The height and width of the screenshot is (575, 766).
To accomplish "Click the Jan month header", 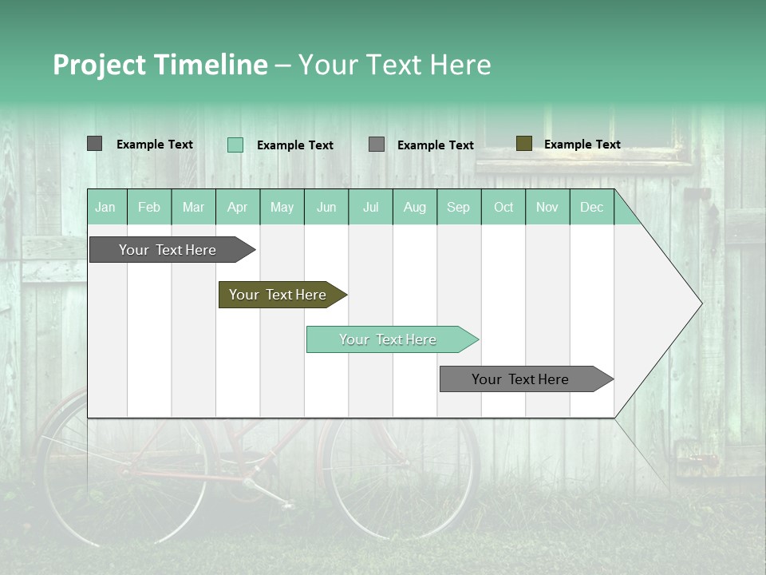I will pos(105,207).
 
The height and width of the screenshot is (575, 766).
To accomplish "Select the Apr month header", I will pos(238,207).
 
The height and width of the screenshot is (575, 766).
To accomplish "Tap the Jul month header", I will pos(370,207).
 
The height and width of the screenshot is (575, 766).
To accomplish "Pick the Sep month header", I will pos(458,207).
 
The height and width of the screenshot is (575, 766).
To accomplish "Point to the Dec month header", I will pos(591,207).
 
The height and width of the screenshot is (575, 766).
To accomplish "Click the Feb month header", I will pos(149,207).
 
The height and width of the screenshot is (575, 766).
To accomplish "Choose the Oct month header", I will pos(503,207).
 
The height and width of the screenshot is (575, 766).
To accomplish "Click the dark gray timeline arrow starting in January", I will pos(168,250).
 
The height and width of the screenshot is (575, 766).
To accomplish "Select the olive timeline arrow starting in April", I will pos(278,295).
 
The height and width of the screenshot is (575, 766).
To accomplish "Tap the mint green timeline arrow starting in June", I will pos(389,339).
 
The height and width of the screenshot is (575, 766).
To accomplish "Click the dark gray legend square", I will pos(94,144).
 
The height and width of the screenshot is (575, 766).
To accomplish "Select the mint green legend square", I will pos(235,145).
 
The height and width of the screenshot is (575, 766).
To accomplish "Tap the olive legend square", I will pos(523,144).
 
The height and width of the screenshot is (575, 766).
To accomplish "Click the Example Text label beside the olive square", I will pos(582,145).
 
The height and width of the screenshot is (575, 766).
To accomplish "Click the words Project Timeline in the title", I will pos(160,65).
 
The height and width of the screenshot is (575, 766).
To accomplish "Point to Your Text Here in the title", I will pos(395,65).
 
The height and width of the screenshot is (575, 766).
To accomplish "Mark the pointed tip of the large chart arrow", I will pos(701,303).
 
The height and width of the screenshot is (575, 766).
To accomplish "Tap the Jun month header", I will pos(326,207).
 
